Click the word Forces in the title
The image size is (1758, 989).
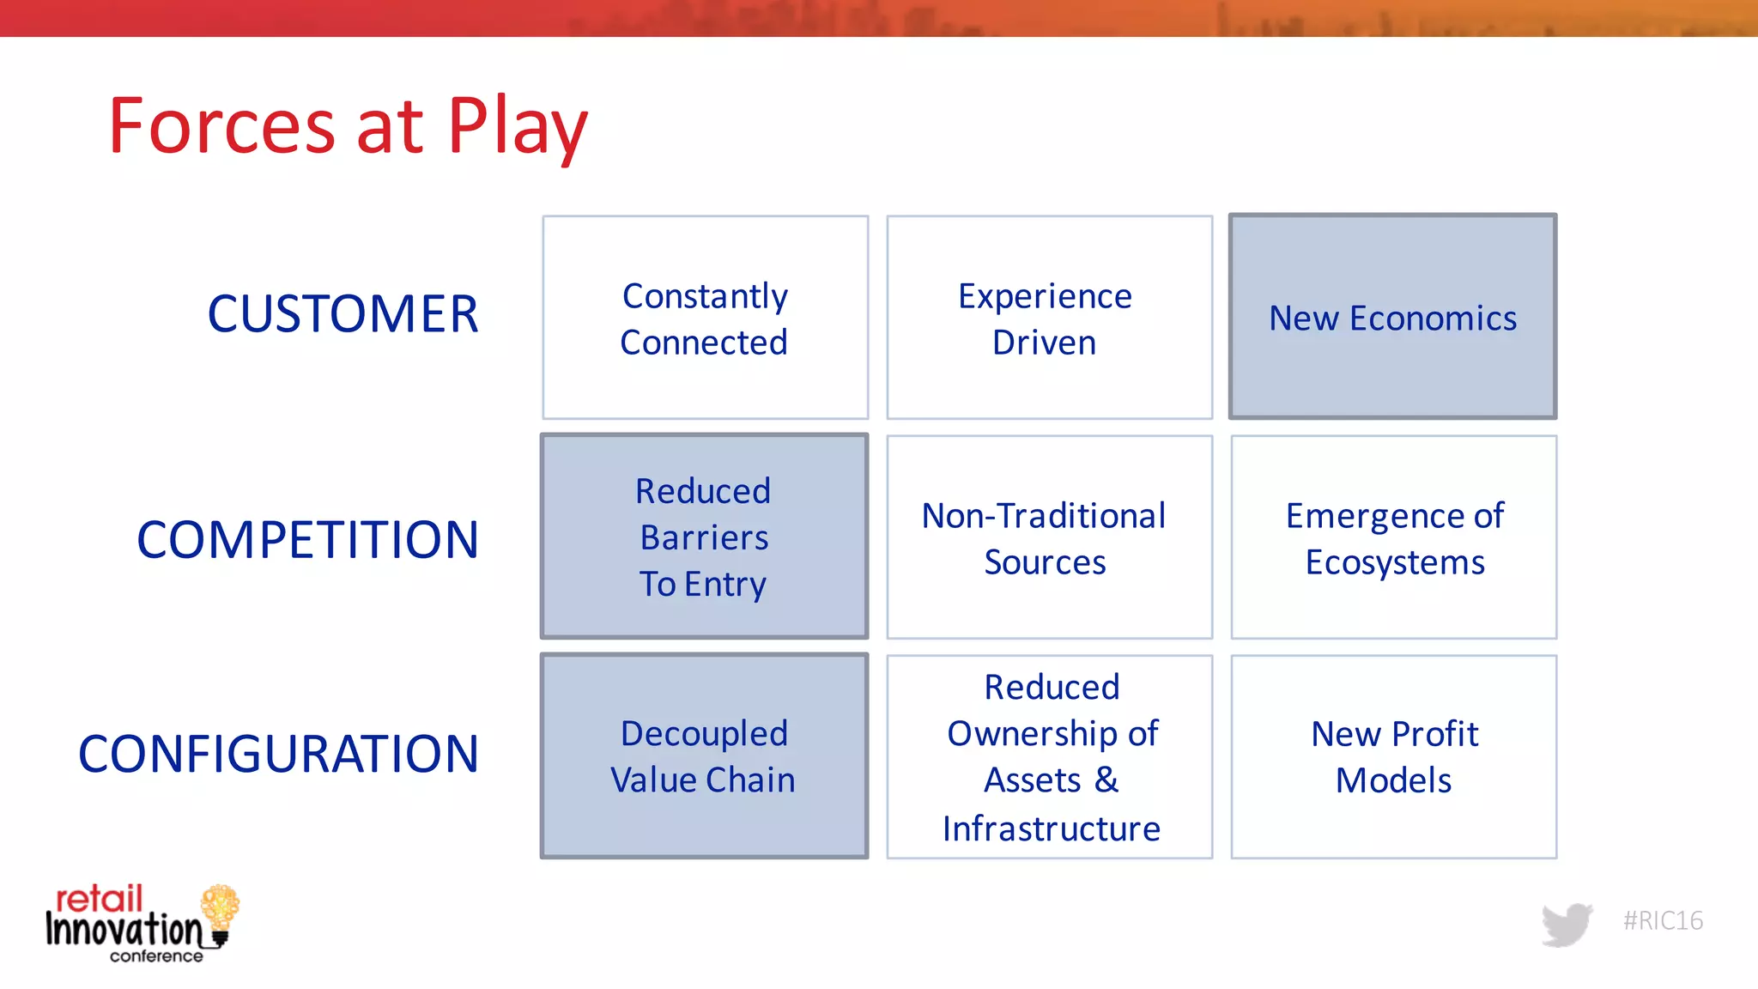tap(221, 127)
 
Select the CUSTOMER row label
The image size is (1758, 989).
tap(343, 314)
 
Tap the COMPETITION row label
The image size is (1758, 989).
tap(307, 540)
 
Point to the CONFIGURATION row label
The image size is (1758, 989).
tap(278, 755)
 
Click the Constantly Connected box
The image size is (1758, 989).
tap(705, 318)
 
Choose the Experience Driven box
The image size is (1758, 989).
tap(1049, 318)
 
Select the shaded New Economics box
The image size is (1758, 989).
tap(1392, 318)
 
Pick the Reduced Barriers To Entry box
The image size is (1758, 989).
tap(704, 537)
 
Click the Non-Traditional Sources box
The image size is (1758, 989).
tap(1049, 537)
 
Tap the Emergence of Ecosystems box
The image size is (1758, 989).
tap(1393, 537)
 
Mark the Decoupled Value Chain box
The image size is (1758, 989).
tap(704, 756)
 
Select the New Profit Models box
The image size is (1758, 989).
tap(1393, 756)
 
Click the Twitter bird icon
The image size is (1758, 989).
tap(1567, 924)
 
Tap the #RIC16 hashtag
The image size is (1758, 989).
tap(1663, 921)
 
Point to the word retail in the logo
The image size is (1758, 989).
tap(99, 899)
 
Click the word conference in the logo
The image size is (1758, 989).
tap(156, 956)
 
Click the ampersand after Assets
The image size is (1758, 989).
tap(1106, 780)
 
